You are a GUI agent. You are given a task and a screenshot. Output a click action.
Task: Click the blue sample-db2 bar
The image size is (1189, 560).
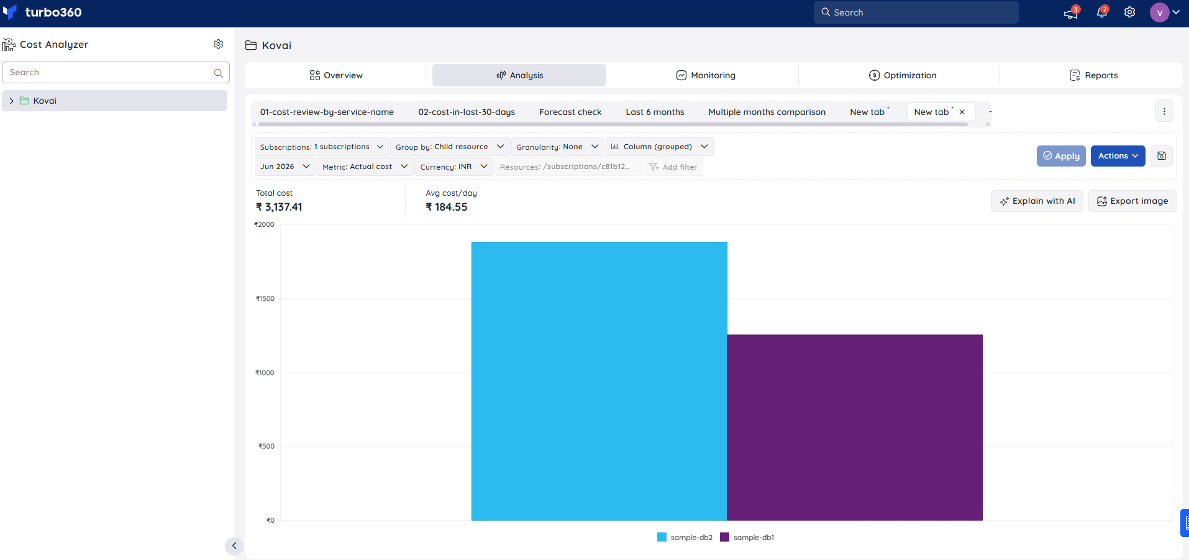pyautogui.click(x=599, y=381)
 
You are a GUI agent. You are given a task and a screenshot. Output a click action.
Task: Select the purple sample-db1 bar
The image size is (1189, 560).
pyautogui.click(x=855, y=428)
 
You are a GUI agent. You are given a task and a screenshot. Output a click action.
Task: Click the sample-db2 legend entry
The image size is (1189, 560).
pyautogui.click(x=685, y=538)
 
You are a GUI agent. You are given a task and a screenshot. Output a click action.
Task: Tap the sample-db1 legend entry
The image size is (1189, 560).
pyautogui.click(x=747, y=538)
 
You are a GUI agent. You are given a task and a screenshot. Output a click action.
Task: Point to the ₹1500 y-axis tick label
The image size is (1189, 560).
pyautogui.click(x=265, y=299)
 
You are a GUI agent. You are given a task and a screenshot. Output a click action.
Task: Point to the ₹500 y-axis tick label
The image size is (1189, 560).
pyautogui.click(x=266, y=446)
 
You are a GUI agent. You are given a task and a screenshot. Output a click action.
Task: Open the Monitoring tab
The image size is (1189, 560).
pyautogui.click(x=706, y=75)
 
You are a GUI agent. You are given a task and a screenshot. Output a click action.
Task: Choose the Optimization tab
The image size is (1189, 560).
pyautogui.click(x=903, y=75)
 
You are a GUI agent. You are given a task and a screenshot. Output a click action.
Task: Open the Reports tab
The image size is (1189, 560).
pyautogui.click(x=1093, y=75)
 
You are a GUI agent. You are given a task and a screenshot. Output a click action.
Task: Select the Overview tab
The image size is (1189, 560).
pyautogui.click(x=336, y=75)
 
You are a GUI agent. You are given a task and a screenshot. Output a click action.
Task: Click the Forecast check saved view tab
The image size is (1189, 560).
pyautogui.click(x=570, y=112)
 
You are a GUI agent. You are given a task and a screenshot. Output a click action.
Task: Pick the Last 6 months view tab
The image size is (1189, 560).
pyautogui.click(x=655, y=112)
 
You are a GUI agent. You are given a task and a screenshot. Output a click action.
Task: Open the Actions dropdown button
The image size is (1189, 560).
pyautogui.click(x=1118, y=156)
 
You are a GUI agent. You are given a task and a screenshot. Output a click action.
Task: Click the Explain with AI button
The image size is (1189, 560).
pyautogui.click(x=1037, y=201)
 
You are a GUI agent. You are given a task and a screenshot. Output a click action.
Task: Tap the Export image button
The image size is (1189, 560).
pyautogui.click(x=1132, y=201)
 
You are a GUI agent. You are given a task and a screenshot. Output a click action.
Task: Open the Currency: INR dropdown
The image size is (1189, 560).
pyautogui.click(x=454, y=167)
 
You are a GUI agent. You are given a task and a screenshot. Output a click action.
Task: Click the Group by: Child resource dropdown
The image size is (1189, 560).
pyautogui.click(x=450, y=147)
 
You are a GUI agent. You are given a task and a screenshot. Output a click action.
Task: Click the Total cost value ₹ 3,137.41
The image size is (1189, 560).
pyautogui.click(x=279, y=207)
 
